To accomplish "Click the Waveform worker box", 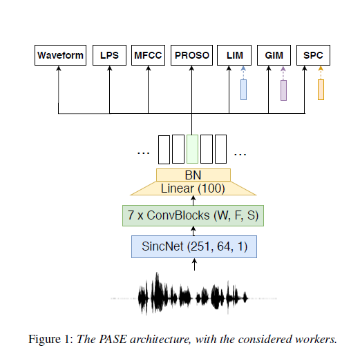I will point(60,55).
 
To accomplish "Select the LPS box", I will point(109,55).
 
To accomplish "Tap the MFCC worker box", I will point(149,55).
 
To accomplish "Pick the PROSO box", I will point(192,55).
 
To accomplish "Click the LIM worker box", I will point(234,55).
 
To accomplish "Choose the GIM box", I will point(274,55).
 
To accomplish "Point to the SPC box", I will point(313,55).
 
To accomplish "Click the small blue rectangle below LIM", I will point(243,90).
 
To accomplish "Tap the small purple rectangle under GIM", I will point(283,90).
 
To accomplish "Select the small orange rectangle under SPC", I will point(321,90).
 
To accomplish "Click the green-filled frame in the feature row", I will point(193,148).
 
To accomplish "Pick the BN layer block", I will point(193,175).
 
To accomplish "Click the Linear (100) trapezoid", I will point(193,188).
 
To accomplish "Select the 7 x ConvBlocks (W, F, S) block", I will point(193,215).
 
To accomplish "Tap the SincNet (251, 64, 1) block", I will point(193,246).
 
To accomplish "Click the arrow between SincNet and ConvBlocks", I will point(193,231).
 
